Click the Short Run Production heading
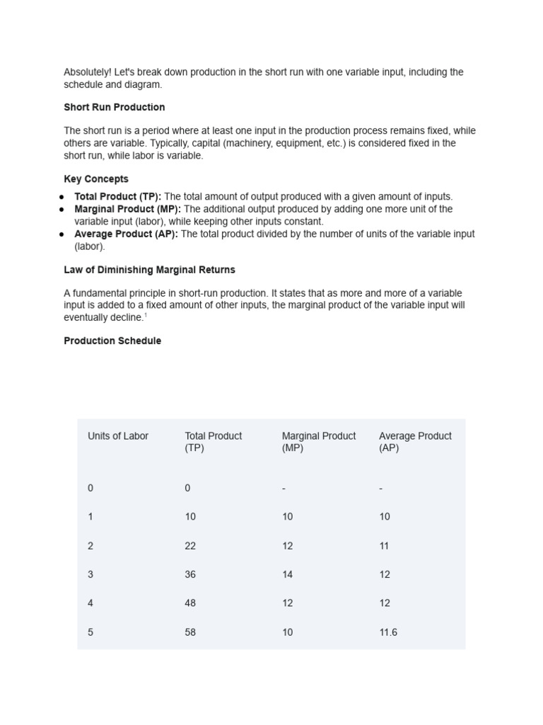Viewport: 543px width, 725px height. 115,108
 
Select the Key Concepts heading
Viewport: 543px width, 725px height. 96,179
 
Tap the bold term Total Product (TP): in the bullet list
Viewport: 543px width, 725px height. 118,197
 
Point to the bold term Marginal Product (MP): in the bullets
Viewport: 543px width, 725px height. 128,210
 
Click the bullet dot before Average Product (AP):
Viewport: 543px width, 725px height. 62,234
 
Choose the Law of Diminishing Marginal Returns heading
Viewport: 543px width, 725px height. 149,270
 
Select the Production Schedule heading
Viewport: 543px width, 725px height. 112,341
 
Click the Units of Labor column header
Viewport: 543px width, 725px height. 118,436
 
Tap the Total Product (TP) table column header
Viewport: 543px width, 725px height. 214,442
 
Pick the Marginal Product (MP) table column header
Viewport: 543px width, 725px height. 319,442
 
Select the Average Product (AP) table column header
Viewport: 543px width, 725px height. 415,442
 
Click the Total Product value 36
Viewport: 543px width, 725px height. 190,574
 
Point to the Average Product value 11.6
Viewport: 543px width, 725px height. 388,632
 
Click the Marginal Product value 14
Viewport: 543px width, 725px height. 287,574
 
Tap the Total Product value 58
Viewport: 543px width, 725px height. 190,632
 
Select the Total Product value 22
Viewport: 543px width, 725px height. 190,546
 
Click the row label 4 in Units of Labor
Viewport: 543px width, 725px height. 90,603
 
